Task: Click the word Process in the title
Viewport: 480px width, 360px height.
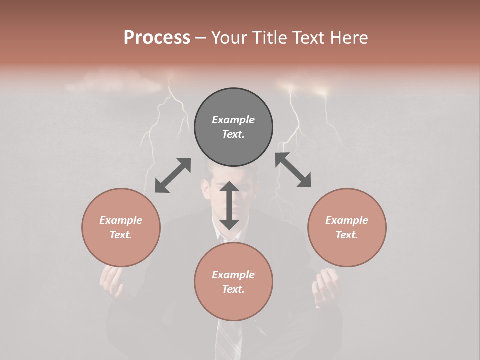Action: pos(157,38)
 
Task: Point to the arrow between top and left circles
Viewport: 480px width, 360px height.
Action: pos(173,175)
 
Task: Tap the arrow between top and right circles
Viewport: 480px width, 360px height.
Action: pos(293,170)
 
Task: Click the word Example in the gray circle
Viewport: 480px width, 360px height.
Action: pos(233,120)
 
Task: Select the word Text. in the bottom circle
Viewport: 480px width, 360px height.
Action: pos(233,289)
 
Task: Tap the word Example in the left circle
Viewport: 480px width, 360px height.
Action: pos(121,220)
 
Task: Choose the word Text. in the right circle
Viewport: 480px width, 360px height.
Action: pos(347,235)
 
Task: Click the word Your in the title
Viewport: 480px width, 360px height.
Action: pos(232,38)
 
